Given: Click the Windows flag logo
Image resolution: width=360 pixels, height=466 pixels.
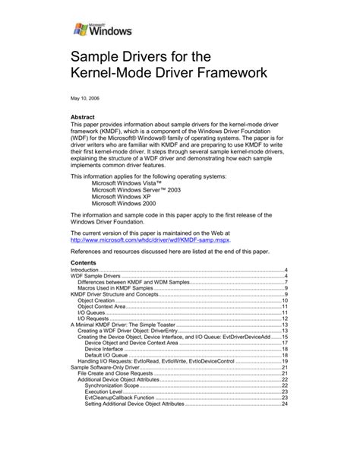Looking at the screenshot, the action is [80, 30].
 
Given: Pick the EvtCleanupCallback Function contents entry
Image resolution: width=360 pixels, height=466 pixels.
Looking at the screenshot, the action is [125, 398].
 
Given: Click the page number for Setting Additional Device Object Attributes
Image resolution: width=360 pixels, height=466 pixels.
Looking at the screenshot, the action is [284, 404].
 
